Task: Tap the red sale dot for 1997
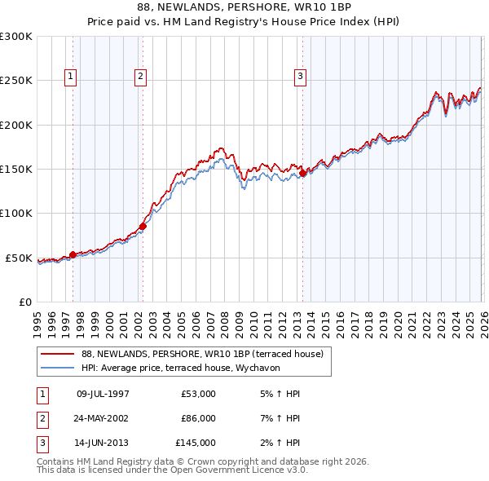[73, 254]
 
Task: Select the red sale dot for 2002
[143, 226]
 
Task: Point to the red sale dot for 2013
[302, 173]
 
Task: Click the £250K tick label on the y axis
[15, 81]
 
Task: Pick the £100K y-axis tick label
[15, 214]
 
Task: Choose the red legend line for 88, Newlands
[58, 354]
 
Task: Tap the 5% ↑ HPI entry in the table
[281, 394]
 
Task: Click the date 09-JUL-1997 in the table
[103, 394]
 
